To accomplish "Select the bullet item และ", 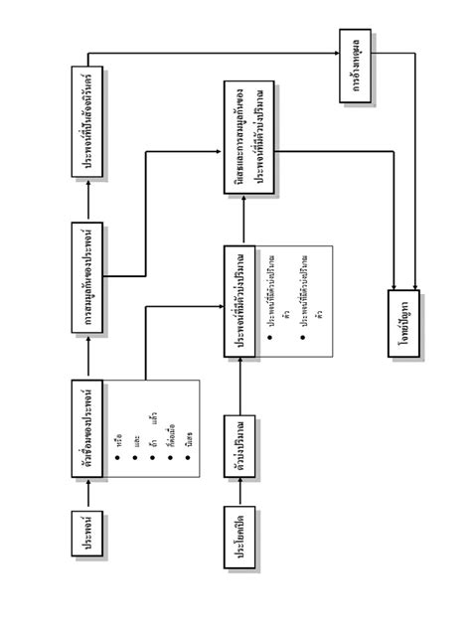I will (136, 436).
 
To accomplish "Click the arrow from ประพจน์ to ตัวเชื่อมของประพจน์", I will (89, 493).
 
